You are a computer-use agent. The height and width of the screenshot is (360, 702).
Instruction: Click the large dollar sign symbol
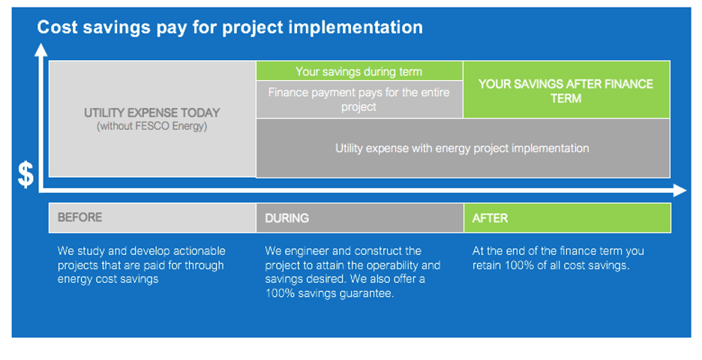[25, 175]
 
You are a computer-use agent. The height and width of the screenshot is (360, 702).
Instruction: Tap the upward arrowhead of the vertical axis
[41, 50]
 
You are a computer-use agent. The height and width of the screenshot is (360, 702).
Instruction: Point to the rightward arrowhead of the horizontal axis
[679, 190]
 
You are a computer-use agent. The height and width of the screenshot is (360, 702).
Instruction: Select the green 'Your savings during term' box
[359, 71]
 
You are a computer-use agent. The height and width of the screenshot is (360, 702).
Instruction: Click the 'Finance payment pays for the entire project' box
[359, 100]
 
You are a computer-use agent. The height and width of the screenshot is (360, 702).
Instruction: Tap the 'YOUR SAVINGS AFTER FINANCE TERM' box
[566, 89]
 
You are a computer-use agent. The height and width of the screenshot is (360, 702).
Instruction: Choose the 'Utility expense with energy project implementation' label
[462, 148]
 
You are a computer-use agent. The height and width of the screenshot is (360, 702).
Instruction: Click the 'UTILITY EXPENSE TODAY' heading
[152, 112]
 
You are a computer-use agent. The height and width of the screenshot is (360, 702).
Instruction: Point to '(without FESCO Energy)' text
[152, 126]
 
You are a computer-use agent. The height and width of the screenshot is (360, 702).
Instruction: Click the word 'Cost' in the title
[57, 27]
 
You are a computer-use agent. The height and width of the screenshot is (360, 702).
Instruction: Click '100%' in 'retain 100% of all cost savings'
[519, 265]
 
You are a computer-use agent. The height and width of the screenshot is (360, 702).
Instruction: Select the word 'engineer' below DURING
[312, 251]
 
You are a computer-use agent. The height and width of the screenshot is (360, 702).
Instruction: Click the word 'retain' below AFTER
[486, 265]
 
